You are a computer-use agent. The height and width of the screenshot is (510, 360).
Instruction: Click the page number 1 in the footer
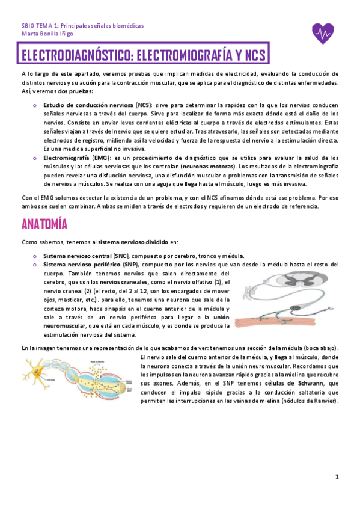(337, 477)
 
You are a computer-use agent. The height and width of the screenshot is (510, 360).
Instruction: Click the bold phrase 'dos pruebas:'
(75, 91)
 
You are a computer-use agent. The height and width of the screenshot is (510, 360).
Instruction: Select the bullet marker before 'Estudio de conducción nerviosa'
(35, 104)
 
